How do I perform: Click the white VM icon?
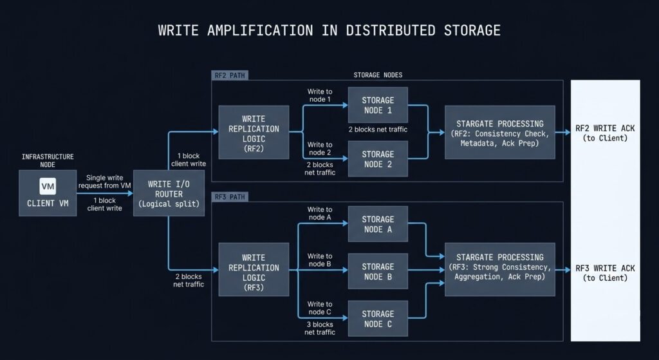click(x=48, y=186)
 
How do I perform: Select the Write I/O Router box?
click(x=169, y=193)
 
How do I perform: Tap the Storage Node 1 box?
click(x=378, y=105)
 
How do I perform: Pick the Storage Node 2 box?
click(x=378, y=159)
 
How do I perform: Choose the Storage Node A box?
click(x=378, y=224)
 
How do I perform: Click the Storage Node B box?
click(x=378, y=271)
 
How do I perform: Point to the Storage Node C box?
click(x=378, y=318)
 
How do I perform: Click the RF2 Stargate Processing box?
click(x=499, y=132)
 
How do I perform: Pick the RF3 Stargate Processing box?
click(x=499, y=267)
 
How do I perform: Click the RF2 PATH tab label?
click(x=229, y=75)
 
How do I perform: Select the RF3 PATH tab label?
click(x=229, y=196)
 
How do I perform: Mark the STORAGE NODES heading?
click(x=378, y=75)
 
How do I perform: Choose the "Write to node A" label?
click(x=320, y=214)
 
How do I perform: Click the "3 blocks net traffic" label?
click(x=320, y=328)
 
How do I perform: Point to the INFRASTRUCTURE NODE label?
click(x=48, y=160)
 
